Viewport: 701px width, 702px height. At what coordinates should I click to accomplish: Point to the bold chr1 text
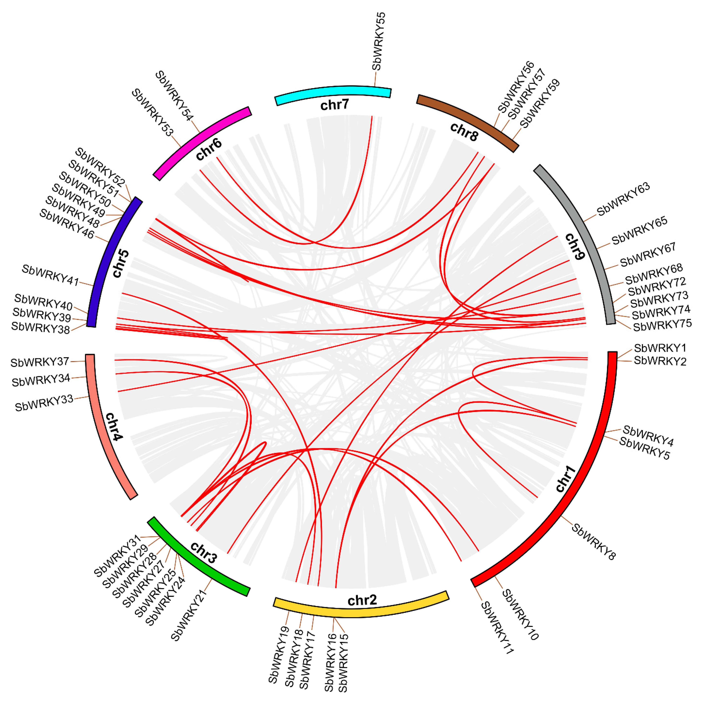(x=566, y=479)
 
